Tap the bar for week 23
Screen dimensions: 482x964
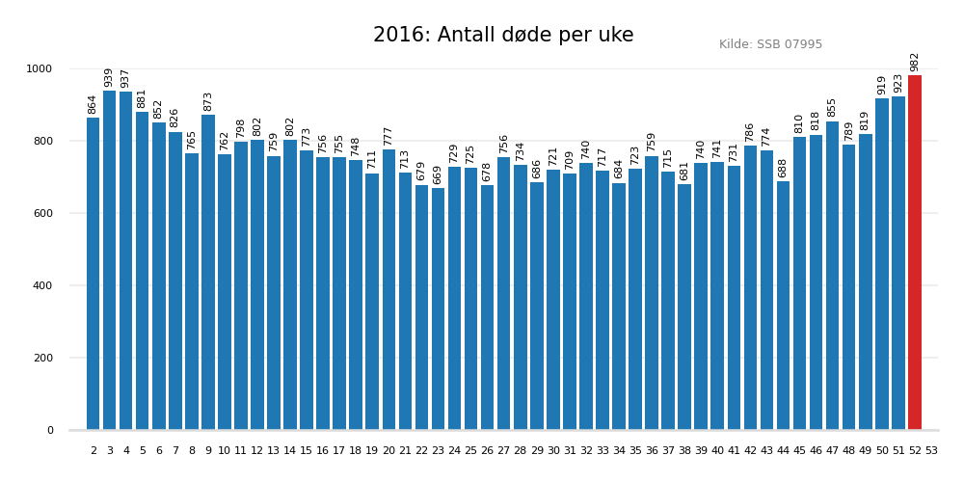439,308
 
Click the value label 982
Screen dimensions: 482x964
915,62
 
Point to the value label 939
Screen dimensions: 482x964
110,77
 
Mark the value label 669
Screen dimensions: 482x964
439,174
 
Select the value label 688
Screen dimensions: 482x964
784,168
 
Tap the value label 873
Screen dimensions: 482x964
208,101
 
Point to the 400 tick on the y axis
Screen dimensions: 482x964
44,285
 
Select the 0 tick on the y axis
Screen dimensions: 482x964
50,430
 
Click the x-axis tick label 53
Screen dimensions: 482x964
931,450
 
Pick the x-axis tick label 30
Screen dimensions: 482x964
553,450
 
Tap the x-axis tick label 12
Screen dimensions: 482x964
257,450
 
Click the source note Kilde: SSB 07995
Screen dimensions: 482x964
770,44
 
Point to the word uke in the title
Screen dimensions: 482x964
615,36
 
